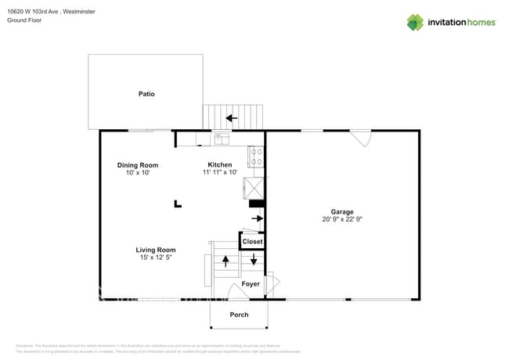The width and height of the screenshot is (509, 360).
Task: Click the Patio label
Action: tap(146, 94)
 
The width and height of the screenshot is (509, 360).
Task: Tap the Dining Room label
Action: tap(138, 165)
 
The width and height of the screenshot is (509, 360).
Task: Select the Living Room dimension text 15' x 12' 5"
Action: tap(154, 257)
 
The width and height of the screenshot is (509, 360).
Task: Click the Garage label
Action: tap(341, 212)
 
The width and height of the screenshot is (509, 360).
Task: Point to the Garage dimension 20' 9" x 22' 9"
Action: tap(341, 220)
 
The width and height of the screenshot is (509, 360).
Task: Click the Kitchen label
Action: tap(219, 165)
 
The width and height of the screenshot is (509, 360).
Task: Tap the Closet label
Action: tap(252, 242)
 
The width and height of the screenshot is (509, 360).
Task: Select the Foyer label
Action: tap(250, 284)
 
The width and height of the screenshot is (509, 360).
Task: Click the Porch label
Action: tap(239, 315)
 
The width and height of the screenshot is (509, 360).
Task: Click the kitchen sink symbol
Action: tap(220, 139)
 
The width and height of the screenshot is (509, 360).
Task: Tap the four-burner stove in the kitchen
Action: tap(256, 157)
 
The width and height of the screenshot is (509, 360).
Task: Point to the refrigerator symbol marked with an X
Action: tap(255, 189)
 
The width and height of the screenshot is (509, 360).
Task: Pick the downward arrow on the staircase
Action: tap(253, 259)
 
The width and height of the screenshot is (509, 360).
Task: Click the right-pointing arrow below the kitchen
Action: tap(256, 218)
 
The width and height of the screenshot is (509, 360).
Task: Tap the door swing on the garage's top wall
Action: tap(360, 139)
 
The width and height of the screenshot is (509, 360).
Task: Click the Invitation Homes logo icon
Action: tap(415, 23)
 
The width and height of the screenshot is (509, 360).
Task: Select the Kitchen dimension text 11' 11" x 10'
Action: tap(219, 173)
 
